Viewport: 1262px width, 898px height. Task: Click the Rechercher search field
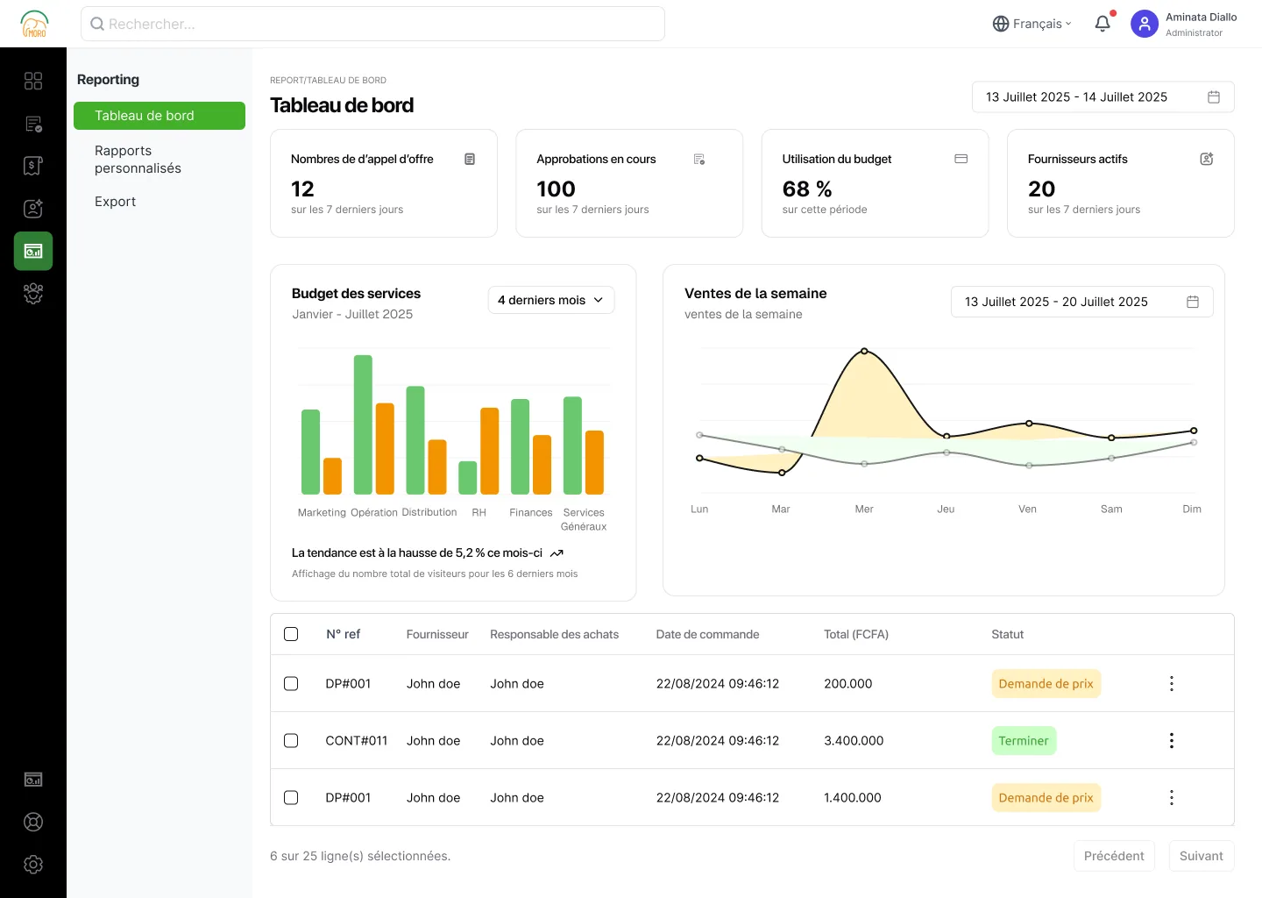[372, 24]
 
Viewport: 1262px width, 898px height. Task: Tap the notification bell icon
[1102, 23]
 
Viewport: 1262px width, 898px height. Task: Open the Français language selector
[1032, 24]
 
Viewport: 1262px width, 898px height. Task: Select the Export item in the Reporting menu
[115, 201]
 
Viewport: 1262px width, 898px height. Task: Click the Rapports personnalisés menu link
[138, 159]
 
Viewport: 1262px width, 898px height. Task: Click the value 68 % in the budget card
[807, 189]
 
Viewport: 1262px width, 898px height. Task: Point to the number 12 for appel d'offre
[302, 189]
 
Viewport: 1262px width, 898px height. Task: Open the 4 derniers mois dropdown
[550, 300]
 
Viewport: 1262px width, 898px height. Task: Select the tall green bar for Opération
[363, 424]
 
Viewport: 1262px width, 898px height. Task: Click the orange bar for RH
[489, 451]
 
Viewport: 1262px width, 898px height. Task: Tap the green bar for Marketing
[310, 452]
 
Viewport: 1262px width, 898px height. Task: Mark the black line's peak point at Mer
[864, 351]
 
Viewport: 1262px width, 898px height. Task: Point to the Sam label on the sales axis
[1111, 509]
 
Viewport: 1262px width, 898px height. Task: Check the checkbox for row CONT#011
[291, 740]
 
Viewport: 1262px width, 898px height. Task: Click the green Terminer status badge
[1023, 740]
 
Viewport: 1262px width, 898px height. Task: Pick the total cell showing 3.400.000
[854, 740]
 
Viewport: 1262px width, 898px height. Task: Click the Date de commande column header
[707, 634]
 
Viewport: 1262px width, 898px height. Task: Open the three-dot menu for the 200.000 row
[1171, 683]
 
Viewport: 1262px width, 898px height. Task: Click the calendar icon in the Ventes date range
[1192, 302]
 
